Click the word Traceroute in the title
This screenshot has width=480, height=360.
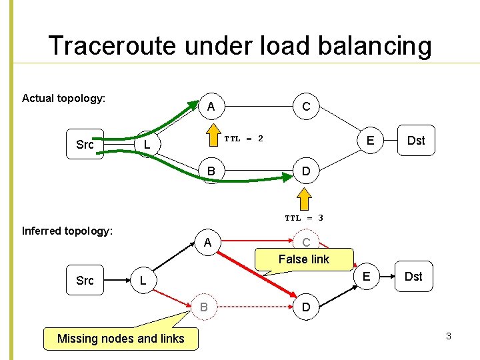tap(109, 46)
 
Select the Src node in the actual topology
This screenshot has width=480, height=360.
tap(85, 145)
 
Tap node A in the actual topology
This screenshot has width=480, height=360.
tap(211, 107)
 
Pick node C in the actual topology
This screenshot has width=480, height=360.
tap(305, 107)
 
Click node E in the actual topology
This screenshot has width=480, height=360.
tap(369, 140)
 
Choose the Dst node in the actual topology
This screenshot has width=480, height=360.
tap(416, 140)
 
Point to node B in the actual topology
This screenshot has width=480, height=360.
tap(211, 172)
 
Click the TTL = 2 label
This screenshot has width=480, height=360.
tap(243, 139)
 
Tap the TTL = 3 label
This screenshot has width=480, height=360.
tap(304, 217)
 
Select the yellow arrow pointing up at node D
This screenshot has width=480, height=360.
tap(304, 198)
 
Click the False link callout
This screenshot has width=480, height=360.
tap(303, 259)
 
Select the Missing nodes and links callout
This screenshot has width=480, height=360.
tap(121, 339)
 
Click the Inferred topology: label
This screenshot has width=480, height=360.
tap(67, 231)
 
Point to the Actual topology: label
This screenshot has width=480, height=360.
tap(63, 99)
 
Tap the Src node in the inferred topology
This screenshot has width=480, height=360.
tap(85, 280)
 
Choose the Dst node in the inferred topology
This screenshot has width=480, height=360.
tap(413, 277)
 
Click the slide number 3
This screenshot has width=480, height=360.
tap(449, 336)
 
